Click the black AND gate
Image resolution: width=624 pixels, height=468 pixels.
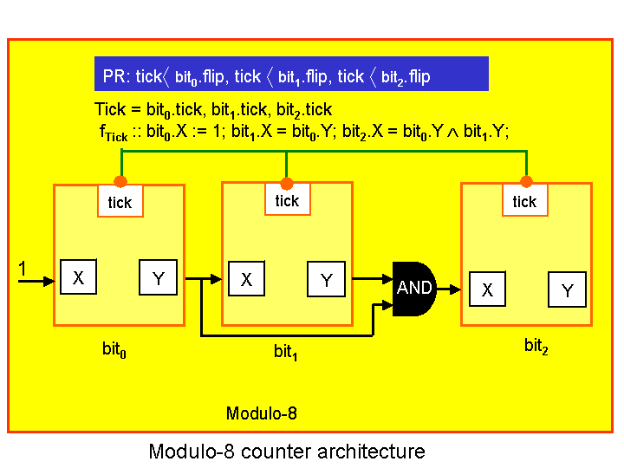[413, 288]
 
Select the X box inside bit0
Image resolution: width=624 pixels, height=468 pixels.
[78, 277]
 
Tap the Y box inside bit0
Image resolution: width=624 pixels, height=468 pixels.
[158, 277]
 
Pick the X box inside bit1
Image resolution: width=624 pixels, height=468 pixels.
[246, 279]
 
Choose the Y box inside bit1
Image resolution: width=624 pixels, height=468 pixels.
[326, 279]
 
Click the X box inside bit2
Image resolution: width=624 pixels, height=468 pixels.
[487, 289]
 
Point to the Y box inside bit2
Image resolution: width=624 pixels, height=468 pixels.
[567, 290]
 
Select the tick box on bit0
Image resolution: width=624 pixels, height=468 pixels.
[120, 202]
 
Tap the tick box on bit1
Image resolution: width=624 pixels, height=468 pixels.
[287, 201]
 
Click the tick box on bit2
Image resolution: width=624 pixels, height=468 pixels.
[524, 201]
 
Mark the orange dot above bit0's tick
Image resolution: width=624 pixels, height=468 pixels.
[120, 182]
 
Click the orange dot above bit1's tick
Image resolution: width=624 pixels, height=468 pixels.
[287, 183]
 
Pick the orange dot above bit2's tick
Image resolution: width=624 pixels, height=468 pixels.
[525, 181]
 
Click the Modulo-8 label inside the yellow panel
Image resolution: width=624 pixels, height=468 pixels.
[262, 413]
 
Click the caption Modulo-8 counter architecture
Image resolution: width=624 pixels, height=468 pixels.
[287, 452]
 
